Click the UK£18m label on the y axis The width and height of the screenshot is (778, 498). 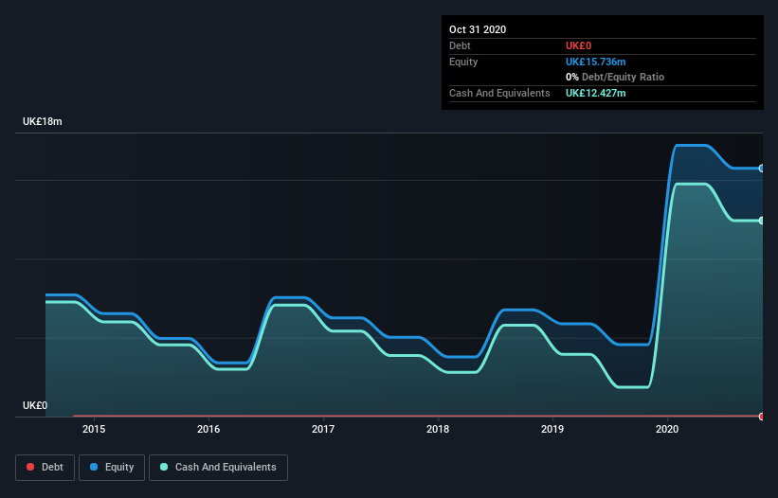pos(42,122)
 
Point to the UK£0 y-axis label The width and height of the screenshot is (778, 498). pos(35,405)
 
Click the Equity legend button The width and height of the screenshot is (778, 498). pos(111,467)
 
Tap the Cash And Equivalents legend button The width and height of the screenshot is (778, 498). pos(218,467)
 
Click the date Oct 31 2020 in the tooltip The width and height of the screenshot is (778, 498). pos(478,29)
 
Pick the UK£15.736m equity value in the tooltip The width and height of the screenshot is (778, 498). pos(595,62)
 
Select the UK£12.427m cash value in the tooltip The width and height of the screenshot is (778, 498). pos(595,93)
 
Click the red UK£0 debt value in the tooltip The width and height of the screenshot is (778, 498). pos(579,45)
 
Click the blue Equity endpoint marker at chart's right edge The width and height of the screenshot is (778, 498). pos(761,169)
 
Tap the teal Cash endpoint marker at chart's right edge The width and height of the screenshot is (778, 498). pos(761,221)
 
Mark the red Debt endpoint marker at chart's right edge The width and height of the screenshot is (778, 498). pos(761,417)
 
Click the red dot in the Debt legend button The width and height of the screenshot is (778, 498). pos(30,468)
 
